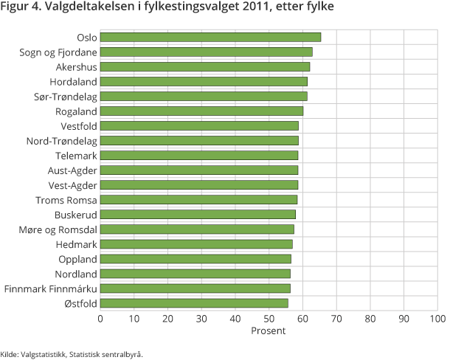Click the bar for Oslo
coord(210,37)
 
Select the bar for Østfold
coord(194,302)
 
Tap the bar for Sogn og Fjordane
coord(206,52)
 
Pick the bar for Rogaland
coord(201,111)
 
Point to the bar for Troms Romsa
coord(198,199)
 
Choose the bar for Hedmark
coord(196,243)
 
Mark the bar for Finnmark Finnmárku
coord(195,288)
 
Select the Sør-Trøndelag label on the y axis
coord(65,96)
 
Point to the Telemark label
coord(76,155)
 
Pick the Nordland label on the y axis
coord(76,273)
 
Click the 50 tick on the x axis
coord(269,319)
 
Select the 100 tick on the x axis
coord(437,319)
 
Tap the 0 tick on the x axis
coord(100,319)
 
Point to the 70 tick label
coord(336,319)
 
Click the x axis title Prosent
coord(269,330)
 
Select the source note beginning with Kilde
coord(72,353)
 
